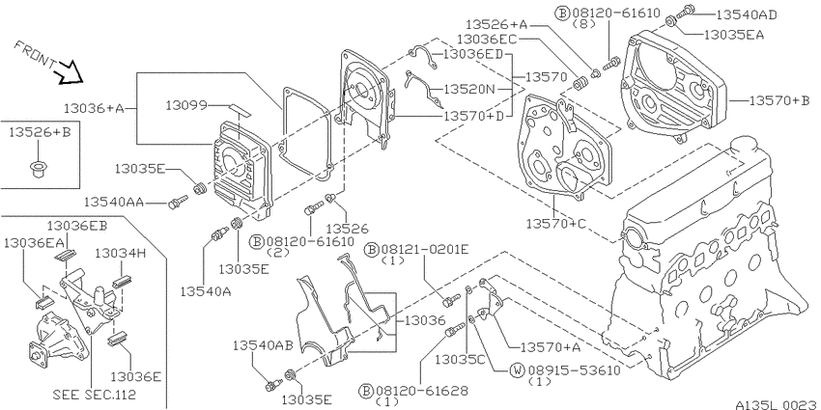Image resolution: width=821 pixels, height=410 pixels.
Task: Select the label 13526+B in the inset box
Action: tap(40, 133)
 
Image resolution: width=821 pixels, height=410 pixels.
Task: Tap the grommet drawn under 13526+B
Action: tap(38, 170)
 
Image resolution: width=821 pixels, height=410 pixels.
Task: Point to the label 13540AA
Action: tap(114, 202)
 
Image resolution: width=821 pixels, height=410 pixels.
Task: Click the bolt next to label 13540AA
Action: tap(178, 202)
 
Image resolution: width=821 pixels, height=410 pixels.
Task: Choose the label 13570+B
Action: tap(779, 100)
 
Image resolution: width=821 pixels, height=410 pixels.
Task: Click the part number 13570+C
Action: tap(556, 224)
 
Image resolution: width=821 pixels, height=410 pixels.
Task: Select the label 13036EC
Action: tap(487, 40)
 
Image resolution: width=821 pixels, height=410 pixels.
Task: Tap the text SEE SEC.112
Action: tap(95, 395)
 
